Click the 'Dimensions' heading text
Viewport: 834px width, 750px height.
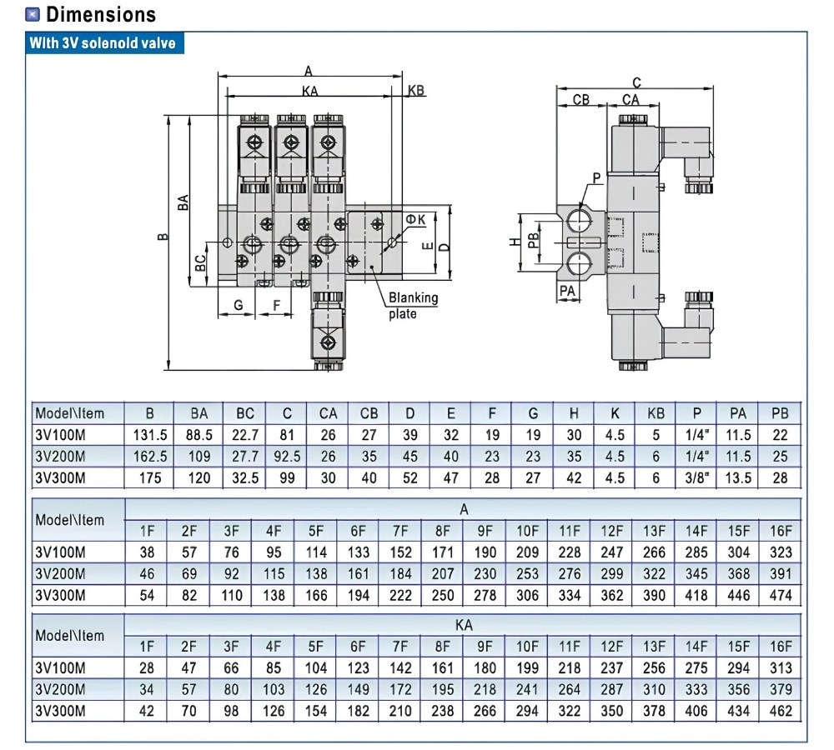[x=101, y=14]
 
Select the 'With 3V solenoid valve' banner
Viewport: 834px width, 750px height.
[x=104, y=42]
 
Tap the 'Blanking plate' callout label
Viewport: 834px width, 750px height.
[x=413, y=305]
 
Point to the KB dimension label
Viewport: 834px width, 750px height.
[x=416, y=90]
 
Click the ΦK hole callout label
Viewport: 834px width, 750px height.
[x=415, y=219]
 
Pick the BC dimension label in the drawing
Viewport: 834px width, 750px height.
[x=200, y=262]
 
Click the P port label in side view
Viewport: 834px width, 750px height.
[x=596, y=178]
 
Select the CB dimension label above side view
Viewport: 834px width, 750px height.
[x=580, y=100]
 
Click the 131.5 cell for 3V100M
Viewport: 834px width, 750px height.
[x=149, y=435]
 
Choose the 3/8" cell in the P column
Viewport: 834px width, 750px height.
[x=696, y=477]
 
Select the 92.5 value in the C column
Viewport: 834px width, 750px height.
[x=287, y=457]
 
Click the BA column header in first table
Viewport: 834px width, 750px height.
[x=199, y=413]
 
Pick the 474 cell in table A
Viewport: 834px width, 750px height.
[x=781, y=595]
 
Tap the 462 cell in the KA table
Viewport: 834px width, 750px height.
[x=781, y=711]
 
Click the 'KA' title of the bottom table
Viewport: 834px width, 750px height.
[x=463, y=625]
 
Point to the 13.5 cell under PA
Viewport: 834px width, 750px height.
[x=738, y=477]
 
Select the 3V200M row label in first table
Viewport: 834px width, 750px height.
[x=60, y=457]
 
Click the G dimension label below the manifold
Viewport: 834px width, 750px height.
[x=239, y=305]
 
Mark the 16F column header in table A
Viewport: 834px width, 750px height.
[x=781, y=531]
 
